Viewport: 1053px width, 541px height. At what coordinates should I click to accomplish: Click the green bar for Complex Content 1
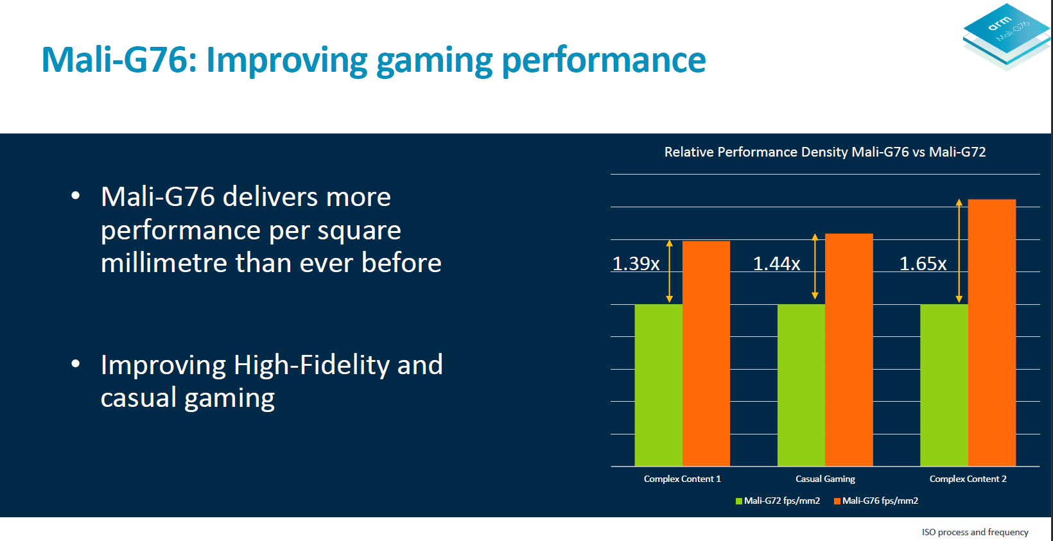[x=658, y=385]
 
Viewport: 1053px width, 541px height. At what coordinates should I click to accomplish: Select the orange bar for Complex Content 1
[x=706, y=353]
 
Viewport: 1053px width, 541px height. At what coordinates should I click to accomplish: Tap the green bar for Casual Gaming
[x=801, y=385]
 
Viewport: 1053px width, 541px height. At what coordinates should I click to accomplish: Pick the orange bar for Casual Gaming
[x=849, y=350]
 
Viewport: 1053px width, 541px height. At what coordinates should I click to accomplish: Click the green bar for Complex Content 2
[x=944, y=385]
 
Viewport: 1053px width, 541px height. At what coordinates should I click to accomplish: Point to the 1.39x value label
[x=636, y=264]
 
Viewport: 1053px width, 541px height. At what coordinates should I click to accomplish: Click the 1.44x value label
[x=776, y=264]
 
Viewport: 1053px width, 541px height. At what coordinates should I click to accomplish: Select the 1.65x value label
[x=923, y=264]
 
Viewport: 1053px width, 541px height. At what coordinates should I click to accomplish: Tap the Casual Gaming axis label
[x=825, y=479]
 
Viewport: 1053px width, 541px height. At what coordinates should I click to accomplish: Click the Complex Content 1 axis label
[x=682, y=479]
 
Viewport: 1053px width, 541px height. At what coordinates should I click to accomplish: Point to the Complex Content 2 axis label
[x=968, y=479]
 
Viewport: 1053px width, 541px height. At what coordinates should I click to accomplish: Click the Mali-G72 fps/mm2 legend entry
[x=778, y=501]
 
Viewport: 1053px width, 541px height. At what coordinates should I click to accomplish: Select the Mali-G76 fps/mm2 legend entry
[x=876, y=501]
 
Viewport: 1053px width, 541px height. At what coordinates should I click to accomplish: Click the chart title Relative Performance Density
[x=825, y=152]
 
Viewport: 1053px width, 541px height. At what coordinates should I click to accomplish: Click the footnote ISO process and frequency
[x=975, y=532]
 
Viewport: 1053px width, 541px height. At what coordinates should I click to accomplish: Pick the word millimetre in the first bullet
[x=164, y=263]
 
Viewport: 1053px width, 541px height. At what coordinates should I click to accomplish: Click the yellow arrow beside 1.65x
[x=959, y=250]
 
